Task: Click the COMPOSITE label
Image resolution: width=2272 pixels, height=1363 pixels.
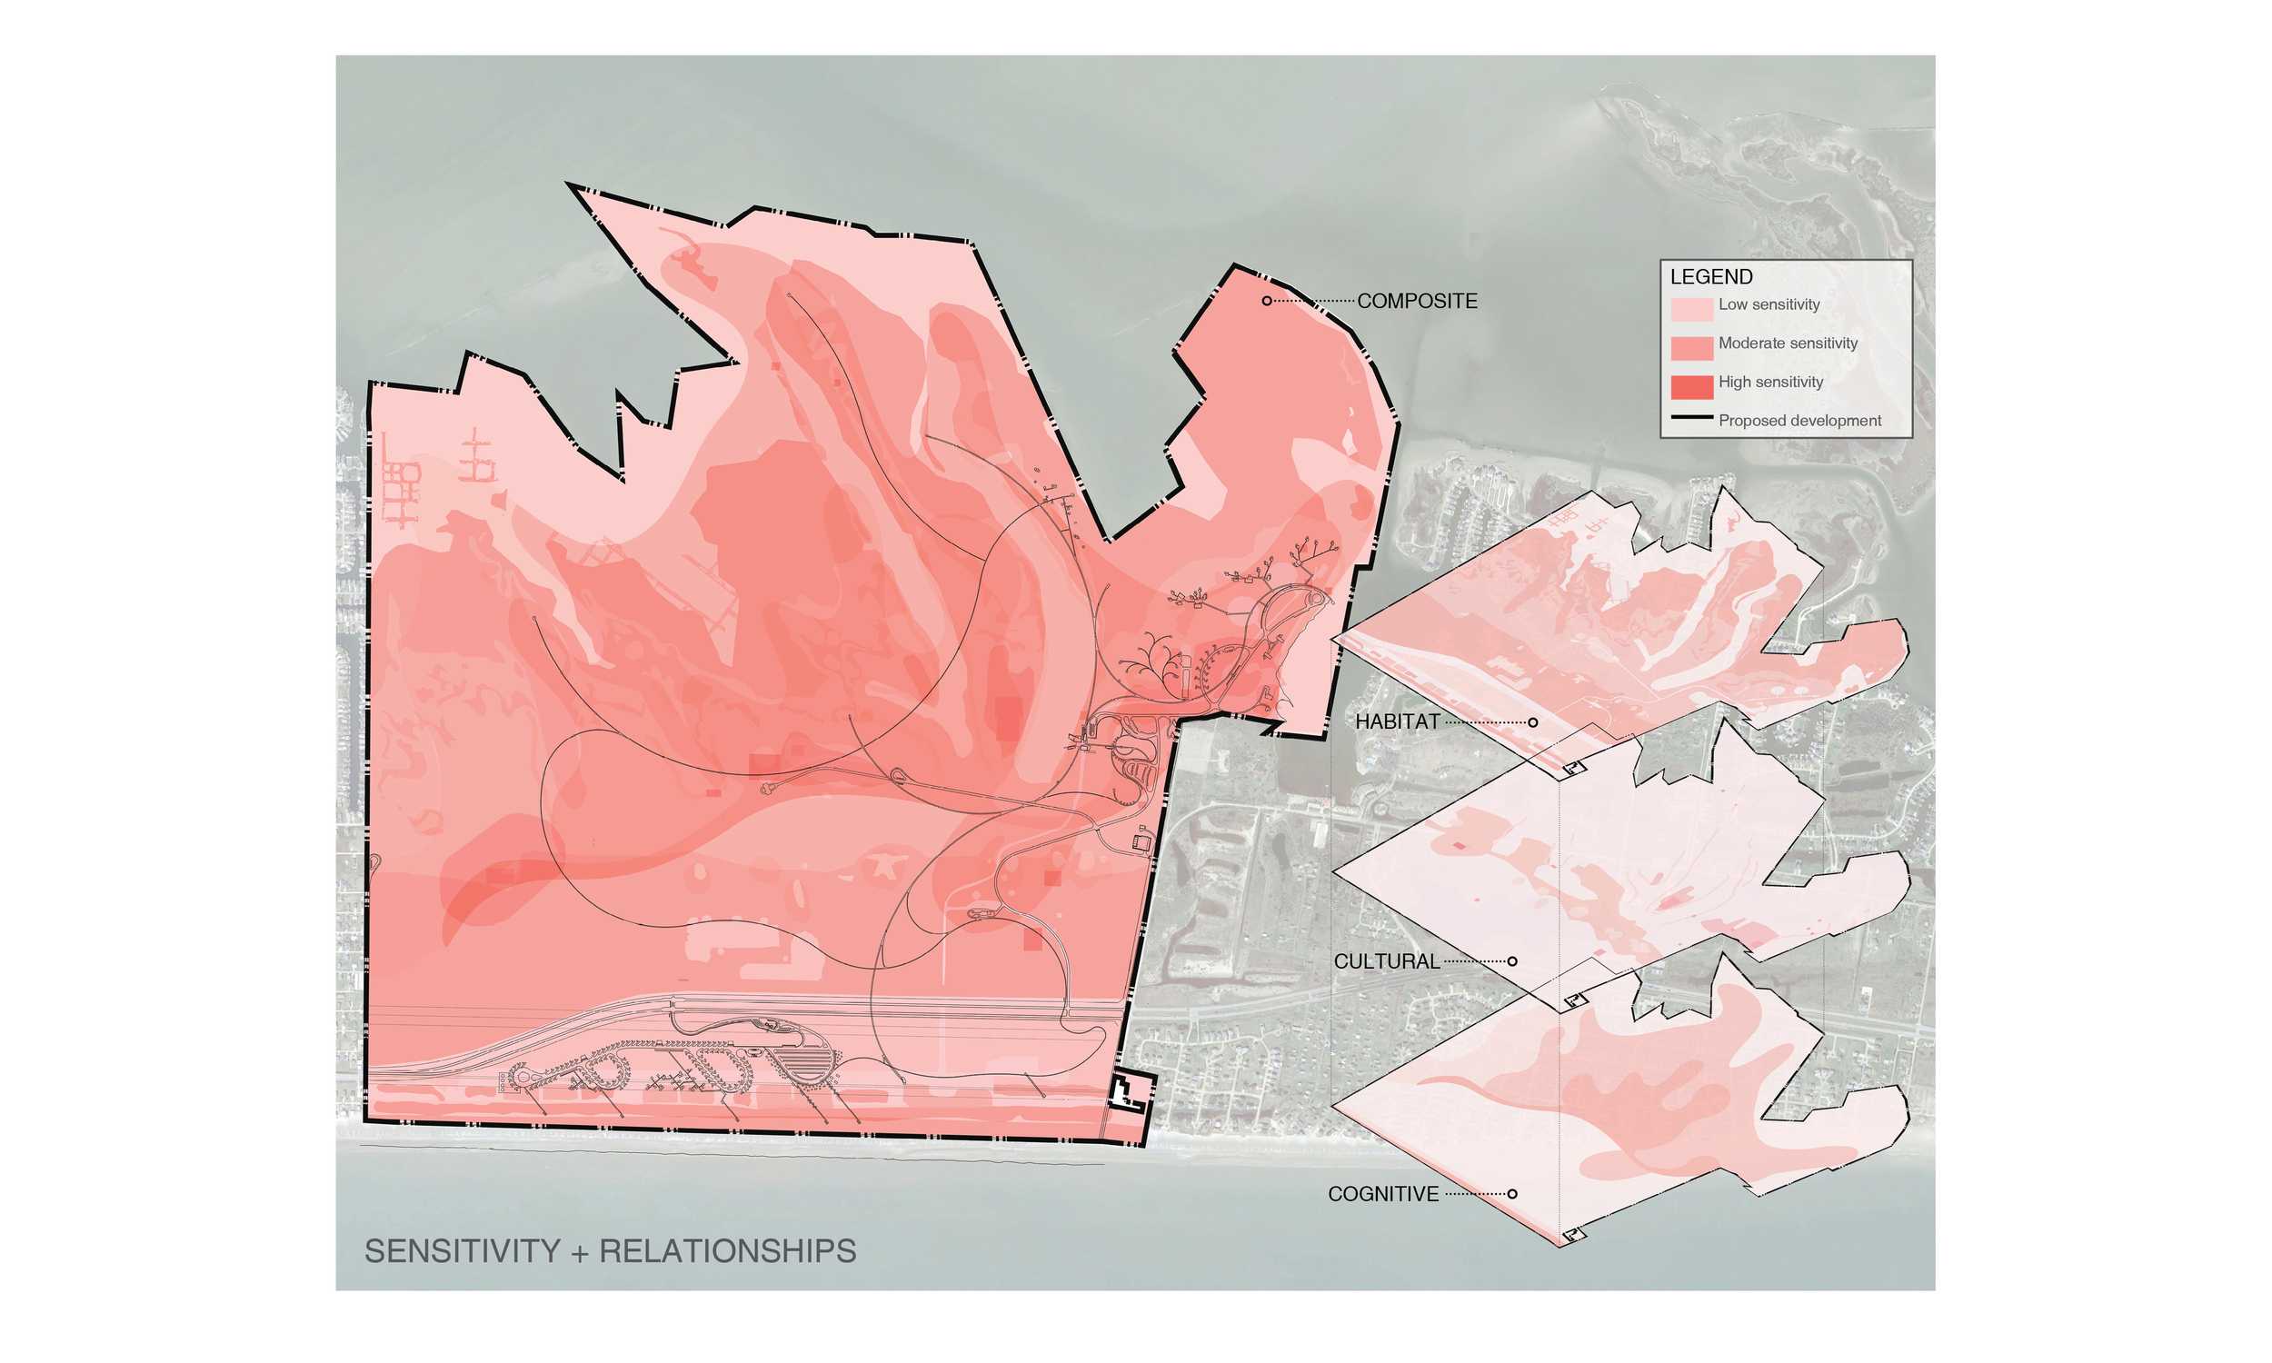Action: coord(1416,302)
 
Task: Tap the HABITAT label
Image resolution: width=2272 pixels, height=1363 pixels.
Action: coord(1397,721)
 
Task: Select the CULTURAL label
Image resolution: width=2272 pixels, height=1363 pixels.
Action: coord(1386,961)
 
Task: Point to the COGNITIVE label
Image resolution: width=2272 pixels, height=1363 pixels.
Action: coord(1382,1194)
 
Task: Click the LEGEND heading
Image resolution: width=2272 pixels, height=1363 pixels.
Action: coord(1711,276)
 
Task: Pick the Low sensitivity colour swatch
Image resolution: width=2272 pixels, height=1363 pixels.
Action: coord(1690,308)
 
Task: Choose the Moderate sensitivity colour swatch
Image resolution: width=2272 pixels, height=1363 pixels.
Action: coord(1690,347)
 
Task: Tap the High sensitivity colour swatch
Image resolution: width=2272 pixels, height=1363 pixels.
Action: coord(1690,387)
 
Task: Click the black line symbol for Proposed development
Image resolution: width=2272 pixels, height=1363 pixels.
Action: coord(1690,418)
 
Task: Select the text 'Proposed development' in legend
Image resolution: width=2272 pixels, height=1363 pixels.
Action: coord(1799,421)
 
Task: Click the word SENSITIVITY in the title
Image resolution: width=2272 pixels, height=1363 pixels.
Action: coord(462,1252)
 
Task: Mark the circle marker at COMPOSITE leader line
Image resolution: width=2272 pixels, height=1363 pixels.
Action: coord(1266,302)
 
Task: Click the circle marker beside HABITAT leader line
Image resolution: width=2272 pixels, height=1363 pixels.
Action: coord(1533,722)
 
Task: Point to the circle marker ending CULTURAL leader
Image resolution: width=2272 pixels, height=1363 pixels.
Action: coord(1512,961)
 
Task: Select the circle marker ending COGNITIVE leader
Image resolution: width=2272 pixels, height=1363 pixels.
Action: coord(1512,1194)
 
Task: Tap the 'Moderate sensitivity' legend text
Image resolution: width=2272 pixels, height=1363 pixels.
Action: coord(1787,343)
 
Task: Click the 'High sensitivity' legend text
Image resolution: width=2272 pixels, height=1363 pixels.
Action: coord(1769,382)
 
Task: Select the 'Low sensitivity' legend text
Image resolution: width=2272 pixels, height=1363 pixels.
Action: coord(1768,305)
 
